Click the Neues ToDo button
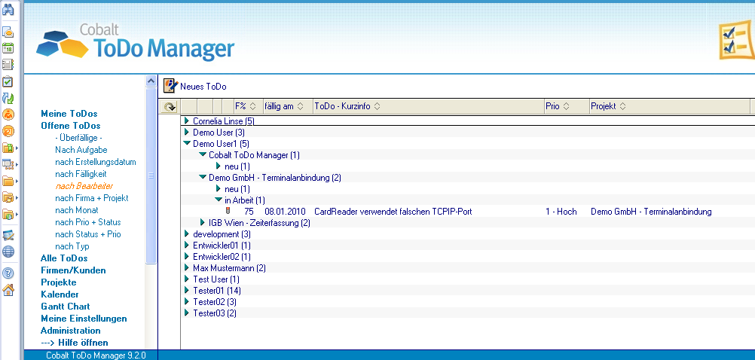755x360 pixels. [x=195, y=87]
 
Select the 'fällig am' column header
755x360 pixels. [x=283, y=106]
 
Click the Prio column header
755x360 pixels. [x=557, y=106]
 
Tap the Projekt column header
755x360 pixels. [x=608, y=106]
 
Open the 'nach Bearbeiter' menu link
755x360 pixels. [x=84, y=186]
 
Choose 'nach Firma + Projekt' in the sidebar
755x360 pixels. [x=91, y=198]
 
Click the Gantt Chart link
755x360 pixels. [x=66, y=306]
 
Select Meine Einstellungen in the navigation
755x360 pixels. [x=84, y=318]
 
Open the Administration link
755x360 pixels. [x=71, y=330]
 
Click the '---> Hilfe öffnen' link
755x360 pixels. [x=75, y=342]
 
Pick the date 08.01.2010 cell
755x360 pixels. [x=285, y=212]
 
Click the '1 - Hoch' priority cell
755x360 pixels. [x=561, y=212]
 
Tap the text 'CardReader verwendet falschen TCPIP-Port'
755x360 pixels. [x=393, y=212]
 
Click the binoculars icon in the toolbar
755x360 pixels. [x=8, y=9]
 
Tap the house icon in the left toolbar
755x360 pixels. [x=8, y=290]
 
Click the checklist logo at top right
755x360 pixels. [x=737, y=41]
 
